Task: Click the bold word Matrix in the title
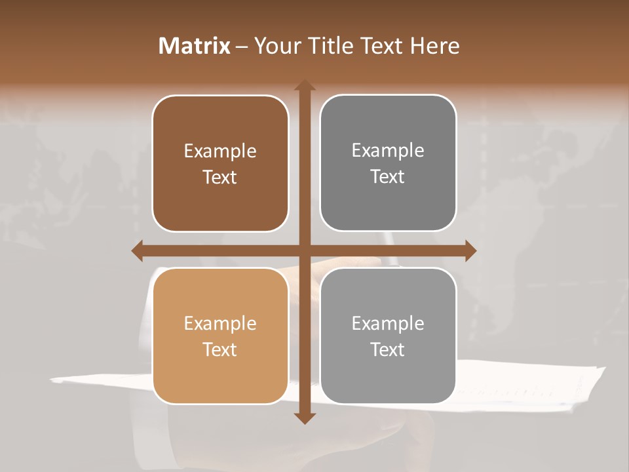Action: [195, 46]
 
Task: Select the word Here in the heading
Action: [434, 46]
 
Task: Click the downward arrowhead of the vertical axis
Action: [304, 417]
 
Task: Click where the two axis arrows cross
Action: [304, 250]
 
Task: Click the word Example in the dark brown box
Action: [220, 151]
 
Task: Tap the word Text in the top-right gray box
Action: [388, 177]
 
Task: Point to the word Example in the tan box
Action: [220, 324]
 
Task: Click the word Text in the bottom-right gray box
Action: [388, 349]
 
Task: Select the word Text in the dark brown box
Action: [220, 178]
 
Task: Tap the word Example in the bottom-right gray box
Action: [388, 324]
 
